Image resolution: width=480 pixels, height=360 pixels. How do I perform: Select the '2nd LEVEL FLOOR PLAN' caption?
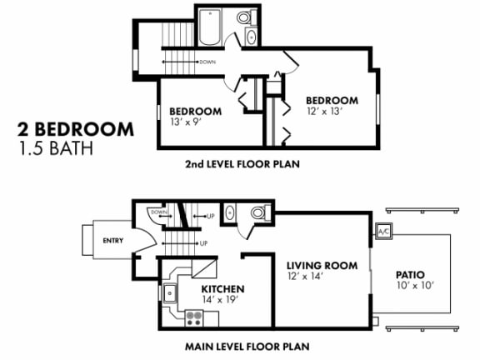(x=242, y=164)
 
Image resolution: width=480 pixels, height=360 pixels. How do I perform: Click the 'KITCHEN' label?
(x=222, y=290)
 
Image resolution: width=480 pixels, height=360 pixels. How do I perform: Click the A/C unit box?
(x=384, y=232)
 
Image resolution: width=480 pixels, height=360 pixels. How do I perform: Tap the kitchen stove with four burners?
(x=194, y=317)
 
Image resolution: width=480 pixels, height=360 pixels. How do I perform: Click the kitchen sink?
(x=170, y=292)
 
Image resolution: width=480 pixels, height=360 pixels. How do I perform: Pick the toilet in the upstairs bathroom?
(x=246, y=17)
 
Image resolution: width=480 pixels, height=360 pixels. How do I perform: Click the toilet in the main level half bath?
(x=259, y=214)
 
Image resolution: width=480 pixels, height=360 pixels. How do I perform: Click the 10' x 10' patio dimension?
(x=412, y=286)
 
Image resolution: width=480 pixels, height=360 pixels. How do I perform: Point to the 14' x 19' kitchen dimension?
(x=222, y=302)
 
